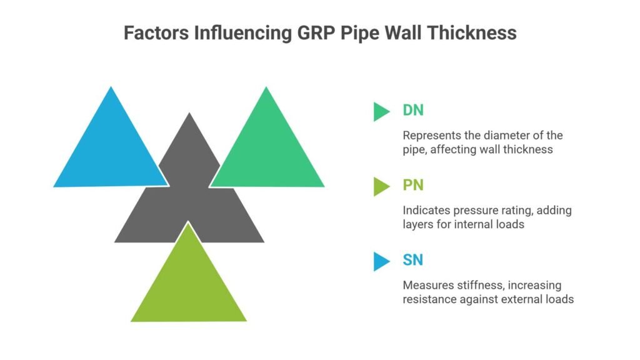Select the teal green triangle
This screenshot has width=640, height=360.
point(267,150)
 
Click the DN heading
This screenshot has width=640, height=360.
point(413,111)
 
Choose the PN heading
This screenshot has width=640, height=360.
point(412,186)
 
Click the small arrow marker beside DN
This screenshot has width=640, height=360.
point(381,111)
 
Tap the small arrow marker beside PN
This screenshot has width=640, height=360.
point(381,186)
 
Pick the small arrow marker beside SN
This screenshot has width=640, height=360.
point(381,261)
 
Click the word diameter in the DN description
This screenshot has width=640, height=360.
point(502,135)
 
